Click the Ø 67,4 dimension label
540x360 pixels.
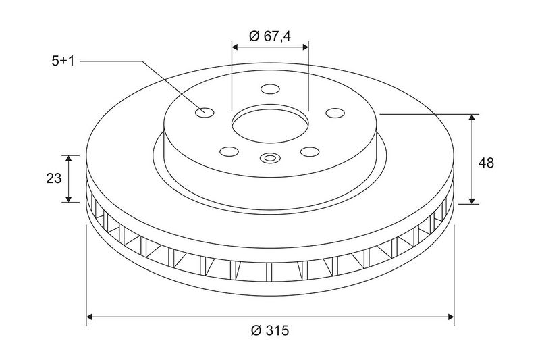point(270,36)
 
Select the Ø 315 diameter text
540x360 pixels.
point(271,330)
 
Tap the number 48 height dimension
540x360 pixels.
point(486,163)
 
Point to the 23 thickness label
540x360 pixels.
point(54,178)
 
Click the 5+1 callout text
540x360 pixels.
point(63,61)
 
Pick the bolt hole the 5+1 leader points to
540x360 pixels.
point(205,112)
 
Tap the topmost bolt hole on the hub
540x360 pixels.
point(270,89)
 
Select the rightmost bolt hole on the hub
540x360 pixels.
point(335,113)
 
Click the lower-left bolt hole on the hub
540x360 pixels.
point(230,151)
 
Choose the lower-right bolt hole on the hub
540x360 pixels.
point(310,151)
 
